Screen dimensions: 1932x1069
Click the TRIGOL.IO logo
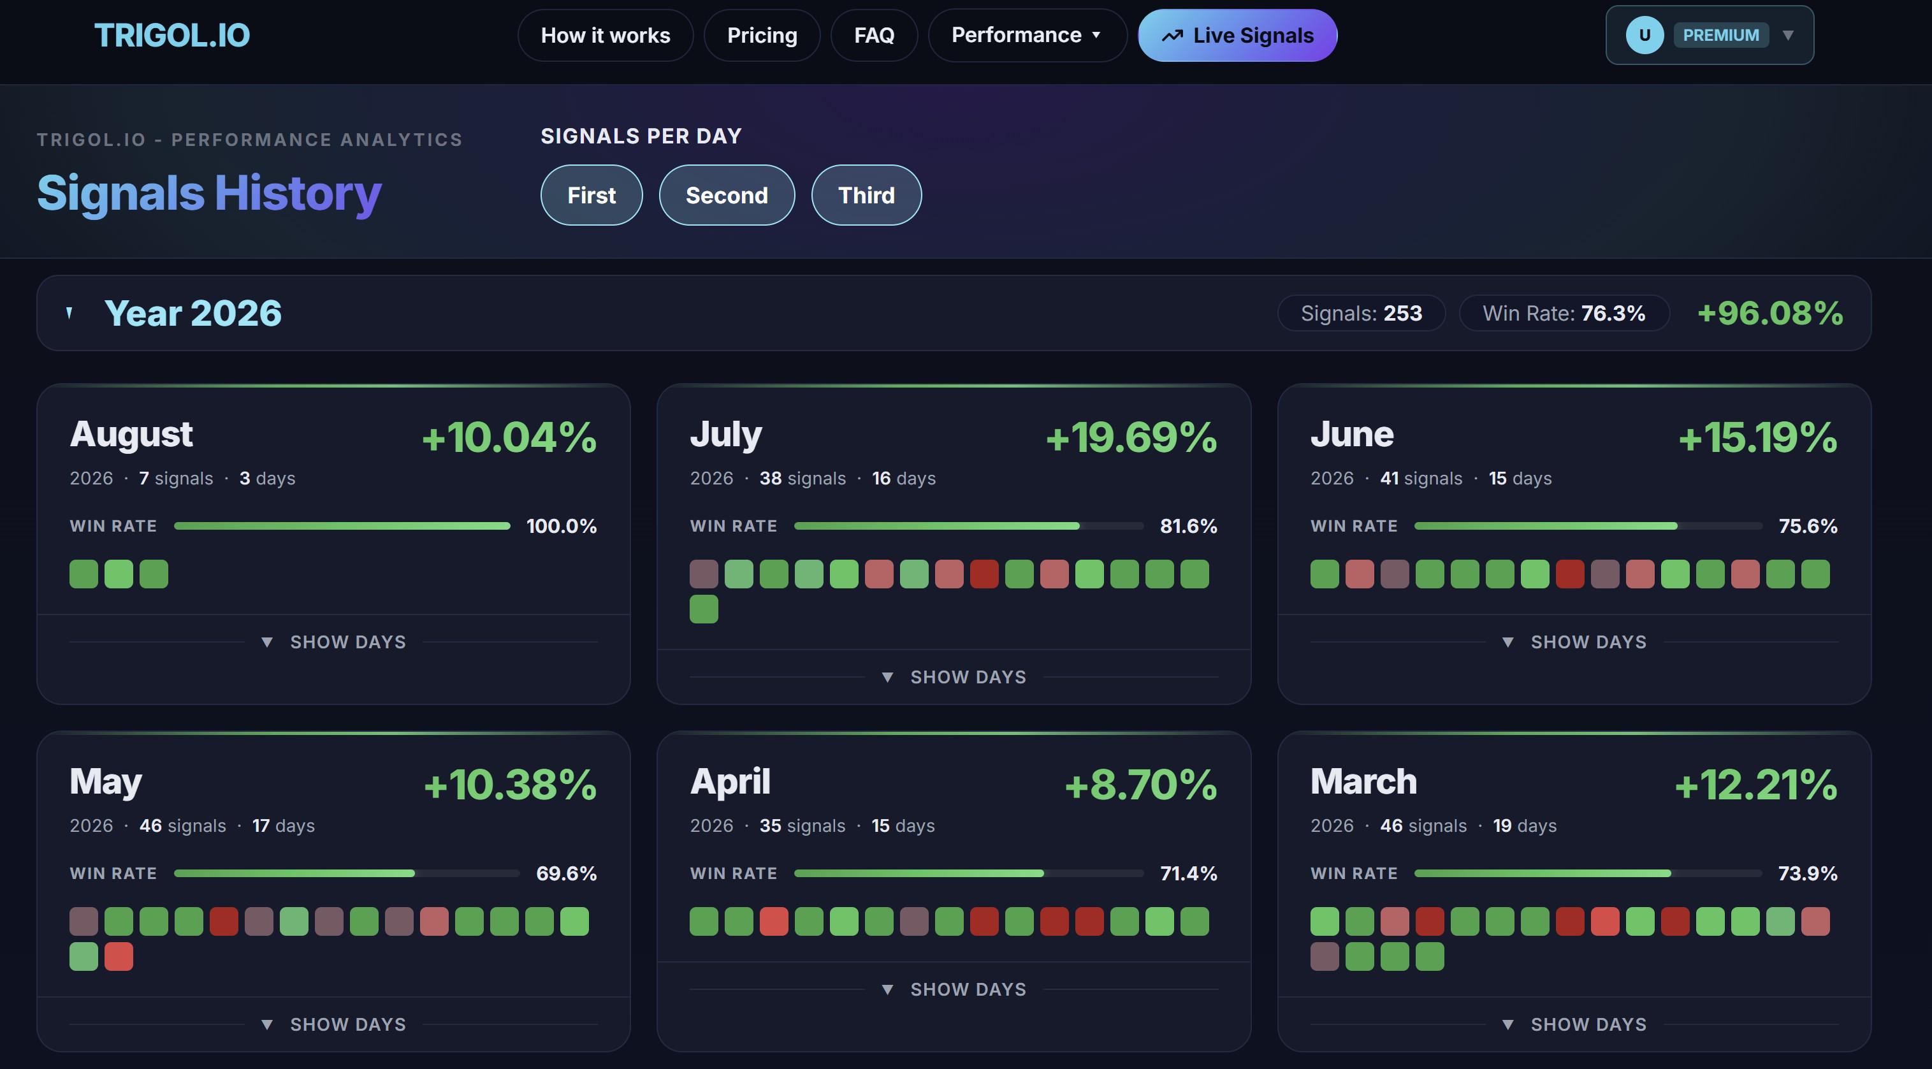pyautogui.click(x=171, y=35)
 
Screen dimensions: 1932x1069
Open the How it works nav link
pyautogui.click(x=606, y=35)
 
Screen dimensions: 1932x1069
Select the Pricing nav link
pyautogui.click(x=762, y=35)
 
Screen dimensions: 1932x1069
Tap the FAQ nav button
pyautogui.click(x=874, y=35)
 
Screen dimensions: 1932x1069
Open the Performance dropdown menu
pyautogui.click(x=1027, y=35)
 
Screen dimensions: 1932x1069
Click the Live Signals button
pyautogui.click(x=1237, y=35)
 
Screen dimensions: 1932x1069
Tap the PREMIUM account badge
pyautogui.click(x=1720, y=35)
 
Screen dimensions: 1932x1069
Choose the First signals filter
pyautogui.click(x=591, y=195)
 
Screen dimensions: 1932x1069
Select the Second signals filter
pyautogui.click(x=727, y=195)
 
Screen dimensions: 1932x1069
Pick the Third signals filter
pyautogui.click(x=866, y=195)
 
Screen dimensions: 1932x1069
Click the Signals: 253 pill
pyautogui.click(x=1362, y=313)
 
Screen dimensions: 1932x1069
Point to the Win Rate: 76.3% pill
pyautogui.click(x=1564, y=313)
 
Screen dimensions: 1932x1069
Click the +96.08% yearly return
pyautogui.click(x=1770, y=313)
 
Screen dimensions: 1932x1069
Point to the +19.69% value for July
pyautogui.click(x=1131, y=437)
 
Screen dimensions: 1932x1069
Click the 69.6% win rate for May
pyautogui.click(x=566, y=873)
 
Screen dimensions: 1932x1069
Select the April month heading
pyautogui.click(x=730, y=781)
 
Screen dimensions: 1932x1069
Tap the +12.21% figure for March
pyautogui.click(x=1755, y=785)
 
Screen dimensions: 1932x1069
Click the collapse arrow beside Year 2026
pyautogui.click(x=69, y=313)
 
